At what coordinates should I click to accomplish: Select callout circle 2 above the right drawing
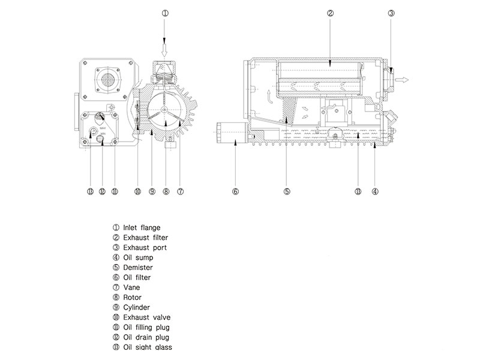point(329,13)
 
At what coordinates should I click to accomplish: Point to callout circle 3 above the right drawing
point(391,13)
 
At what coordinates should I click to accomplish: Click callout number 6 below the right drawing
point(235,192)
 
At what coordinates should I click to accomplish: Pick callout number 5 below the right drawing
point(287,192)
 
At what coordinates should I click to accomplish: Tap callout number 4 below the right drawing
point(374,192)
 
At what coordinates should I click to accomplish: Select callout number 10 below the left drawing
point(137,192)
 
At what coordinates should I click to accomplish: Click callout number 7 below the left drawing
point(180,192)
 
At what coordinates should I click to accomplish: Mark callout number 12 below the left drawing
point(102,192)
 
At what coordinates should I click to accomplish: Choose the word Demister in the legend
point(138,267)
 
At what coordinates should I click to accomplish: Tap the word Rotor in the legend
point(133,297)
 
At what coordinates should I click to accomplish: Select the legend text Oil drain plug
point(146,337)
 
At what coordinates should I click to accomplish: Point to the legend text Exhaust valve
point(146,317)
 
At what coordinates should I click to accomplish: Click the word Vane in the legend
point(131,287)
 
